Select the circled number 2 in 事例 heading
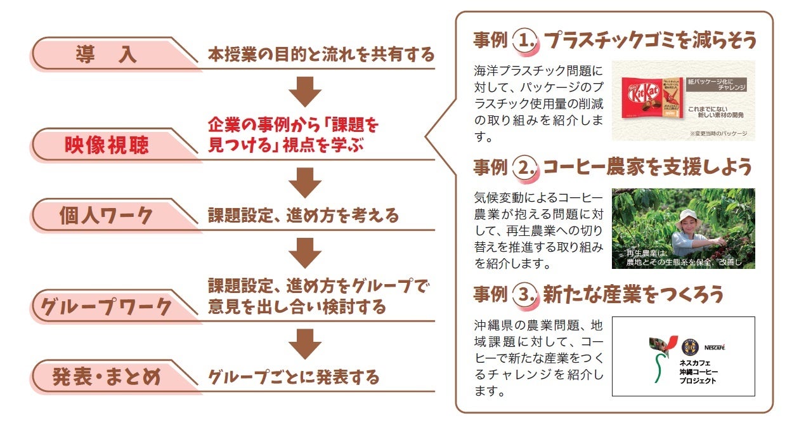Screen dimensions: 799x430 point(524,167)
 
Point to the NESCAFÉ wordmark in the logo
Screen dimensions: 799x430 point(713,348)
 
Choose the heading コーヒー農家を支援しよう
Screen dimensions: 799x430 point(647,167)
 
